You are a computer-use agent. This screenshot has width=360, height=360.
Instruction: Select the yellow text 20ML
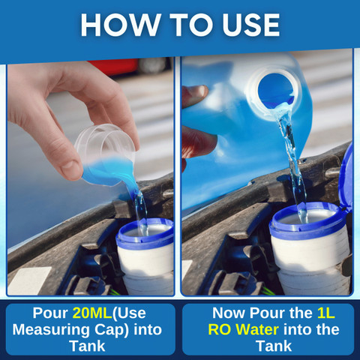(92, 313)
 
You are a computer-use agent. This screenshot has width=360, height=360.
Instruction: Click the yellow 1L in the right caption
(325, 313)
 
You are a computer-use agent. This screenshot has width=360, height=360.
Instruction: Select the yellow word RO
(220, 330)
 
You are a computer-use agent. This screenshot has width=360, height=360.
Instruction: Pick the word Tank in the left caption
(87, 346)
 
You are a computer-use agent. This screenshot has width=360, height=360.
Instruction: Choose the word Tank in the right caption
(274, 346)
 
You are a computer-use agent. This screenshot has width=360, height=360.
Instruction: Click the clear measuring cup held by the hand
(107, 155)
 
